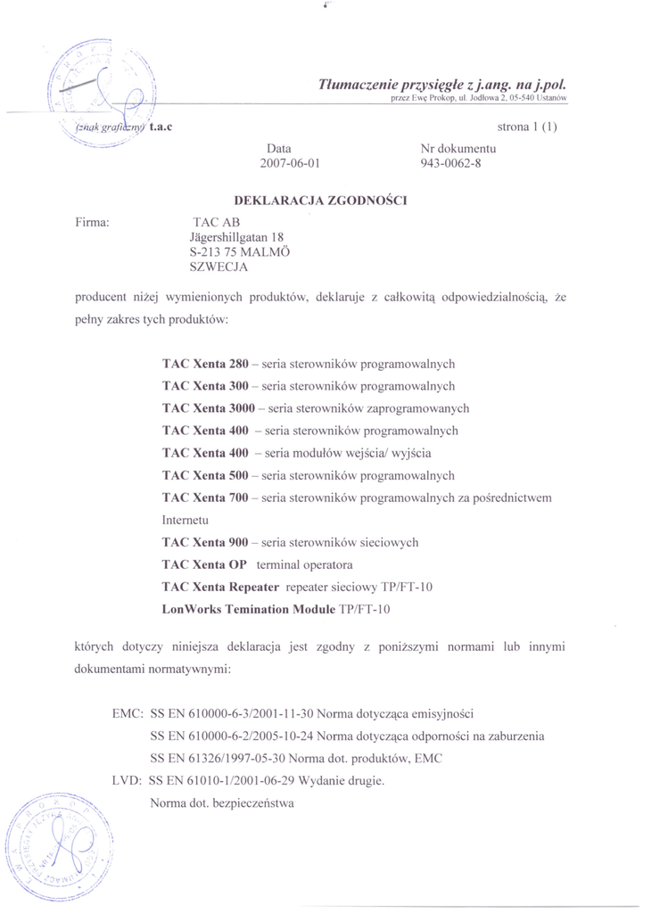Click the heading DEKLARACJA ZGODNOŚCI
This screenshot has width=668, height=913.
pyautogui.click(x=319, y=201)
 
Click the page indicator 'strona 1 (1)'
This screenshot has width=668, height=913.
pyautogui.click(x=527, y=127)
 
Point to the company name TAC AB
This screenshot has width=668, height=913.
pyautogui.click(x=217, y=222)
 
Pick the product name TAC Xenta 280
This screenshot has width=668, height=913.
pyautogui.click(x=205, y=364)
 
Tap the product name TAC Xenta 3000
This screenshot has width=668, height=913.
pyautogui.click(x=209, y=408)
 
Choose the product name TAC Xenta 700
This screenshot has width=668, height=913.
pyautogui.click(x=205, y=498)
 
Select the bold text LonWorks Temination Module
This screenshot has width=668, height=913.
pyautogui.click(x=249, y=609)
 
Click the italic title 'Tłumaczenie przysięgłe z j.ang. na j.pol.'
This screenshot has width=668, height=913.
pyautogui.click(x=442, y=84)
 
